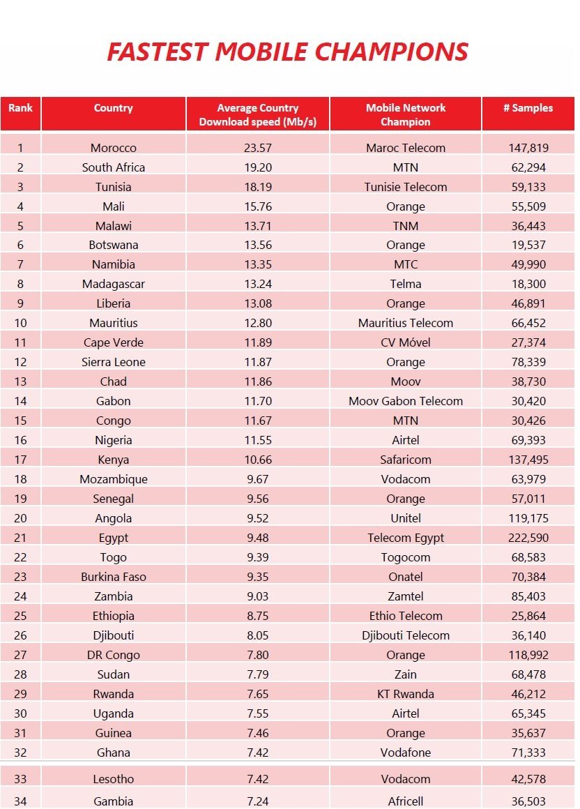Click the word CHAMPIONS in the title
coord(391,52)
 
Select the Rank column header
coord(20,108)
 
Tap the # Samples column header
coord(528,108)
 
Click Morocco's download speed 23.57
coord(258,148)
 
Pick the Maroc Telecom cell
coord(406,148)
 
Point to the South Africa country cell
coord(114,167)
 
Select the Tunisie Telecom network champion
coord(406,187)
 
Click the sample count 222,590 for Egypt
coord(528,538)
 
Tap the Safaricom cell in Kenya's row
coord(406,460)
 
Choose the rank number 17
coord(20,460)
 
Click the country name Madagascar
coord(114,285)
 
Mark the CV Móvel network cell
coord(406,342)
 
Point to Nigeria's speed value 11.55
coord(258,440)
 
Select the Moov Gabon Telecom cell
coord(406,401)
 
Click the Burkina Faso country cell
coord(114,577)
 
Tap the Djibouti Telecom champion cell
coord(406,635)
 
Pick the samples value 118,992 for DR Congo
coord(528,655)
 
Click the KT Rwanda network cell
coord(406,694)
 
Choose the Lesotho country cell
coord(114,779)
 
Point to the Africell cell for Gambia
coord(406,801)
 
